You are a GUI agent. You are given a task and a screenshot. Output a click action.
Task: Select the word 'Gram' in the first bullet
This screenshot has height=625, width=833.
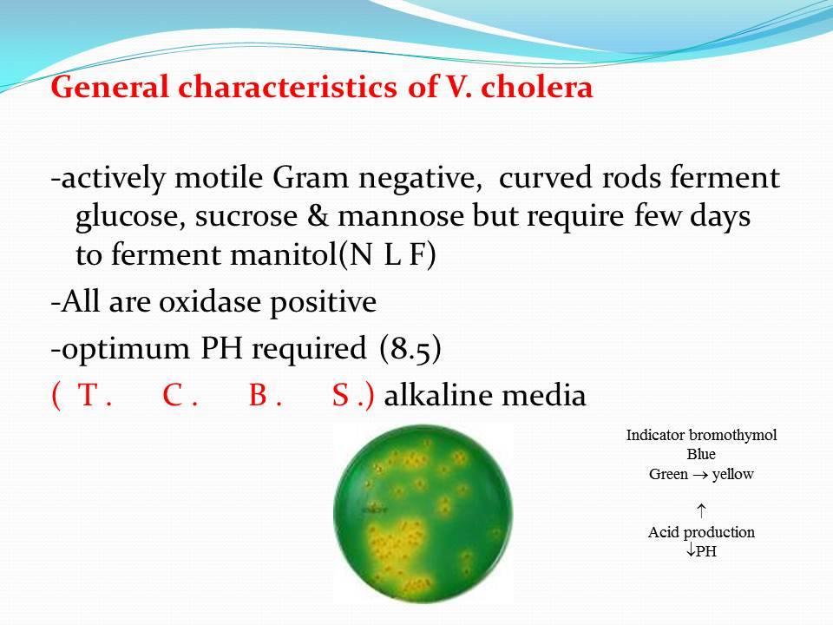pos(311,177)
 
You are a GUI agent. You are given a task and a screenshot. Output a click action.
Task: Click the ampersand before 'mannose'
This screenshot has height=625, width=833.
pos(318,216)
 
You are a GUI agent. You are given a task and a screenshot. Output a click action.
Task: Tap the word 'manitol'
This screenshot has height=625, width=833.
pos(284,254)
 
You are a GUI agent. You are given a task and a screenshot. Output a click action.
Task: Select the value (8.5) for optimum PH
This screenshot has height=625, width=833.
pos(410,349)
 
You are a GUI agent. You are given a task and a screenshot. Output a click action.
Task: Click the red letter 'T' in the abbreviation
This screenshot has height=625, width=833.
pos(89,395)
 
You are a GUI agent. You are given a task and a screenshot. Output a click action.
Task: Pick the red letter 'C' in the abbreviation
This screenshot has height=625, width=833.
pos(174,395)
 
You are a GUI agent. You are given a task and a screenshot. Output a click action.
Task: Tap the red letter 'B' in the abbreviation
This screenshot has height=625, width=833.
pos(259,395)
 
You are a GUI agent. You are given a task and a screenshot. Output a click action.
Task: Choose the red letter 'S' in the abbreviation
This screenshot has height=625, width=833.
pos(340,395)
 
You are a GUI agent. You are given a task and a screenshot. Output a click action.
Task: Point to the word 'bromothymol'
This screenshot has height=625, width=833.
pos(732,435)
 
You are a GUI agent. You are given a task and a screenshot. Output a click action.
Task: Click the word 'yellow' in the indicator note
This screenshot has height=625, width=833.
pos(733,474)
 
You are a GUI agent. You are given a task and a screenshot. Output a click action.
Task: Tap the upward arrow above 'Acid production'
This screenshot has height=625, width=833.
pos(701,510)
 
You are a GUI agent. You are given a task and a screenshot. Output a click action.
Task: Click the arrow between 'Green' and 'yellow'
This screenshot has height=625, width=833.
pos(698,475)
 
